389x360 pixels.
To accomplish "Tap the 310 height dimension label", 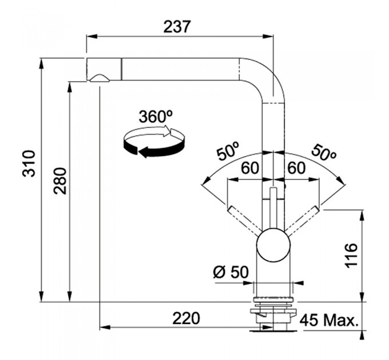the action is (x=29, y=163).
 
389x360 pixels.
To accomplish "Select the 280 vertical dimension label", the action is (x=60, y=181).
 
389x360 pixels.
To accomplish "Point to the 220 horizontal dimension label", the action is (x=186, y=318).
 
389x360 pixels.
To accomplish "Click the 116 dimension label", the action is (x=351, y=255).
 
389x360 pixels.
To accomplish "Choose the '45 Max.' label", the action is (x=329, y=321).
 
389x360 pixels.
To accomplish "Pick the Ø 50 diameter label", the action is (x=231, y=272).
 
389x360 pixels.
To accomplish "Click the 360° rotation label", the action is (x=156, y=116).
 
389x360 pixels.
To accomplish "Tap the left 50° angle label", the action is (x=228, y=151).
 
